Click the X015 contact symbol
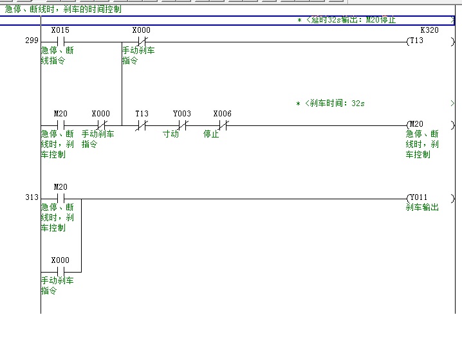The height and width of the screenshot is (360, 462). [60, 42]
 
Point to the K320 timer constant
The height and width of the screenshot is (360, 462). [429, 30]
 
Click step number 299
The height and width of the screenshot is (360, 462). [31, 40]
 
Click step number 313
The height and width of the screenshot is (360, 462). [31, 197]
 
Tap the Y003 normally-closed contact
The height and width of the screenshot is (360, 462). [183, 125]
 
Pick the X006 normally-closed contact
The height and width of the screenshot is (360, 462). [223, 125]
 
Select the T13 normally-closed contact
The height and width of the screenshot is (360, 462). [142, 125]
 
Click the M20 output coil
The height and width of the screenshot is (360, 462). [417, 124]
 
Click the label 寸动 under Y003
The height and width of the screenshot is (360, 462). [171, 135]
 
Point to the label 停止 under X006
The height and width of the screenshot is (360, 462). [211, 135]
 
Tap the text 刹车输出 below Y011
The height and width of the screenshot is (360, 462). [422, 208]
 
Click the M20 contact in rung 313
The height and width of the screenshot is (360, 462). [60, 198]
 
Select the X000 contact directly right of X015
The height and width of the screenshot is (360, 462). [142, 42]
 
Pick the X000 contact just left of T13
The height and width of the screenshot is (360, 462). [101, 125]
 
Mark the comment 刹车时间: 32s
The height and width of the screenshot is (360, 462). [335, 104]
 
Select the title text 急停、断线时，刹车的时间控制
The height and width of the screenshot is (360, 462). [63, 10]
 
